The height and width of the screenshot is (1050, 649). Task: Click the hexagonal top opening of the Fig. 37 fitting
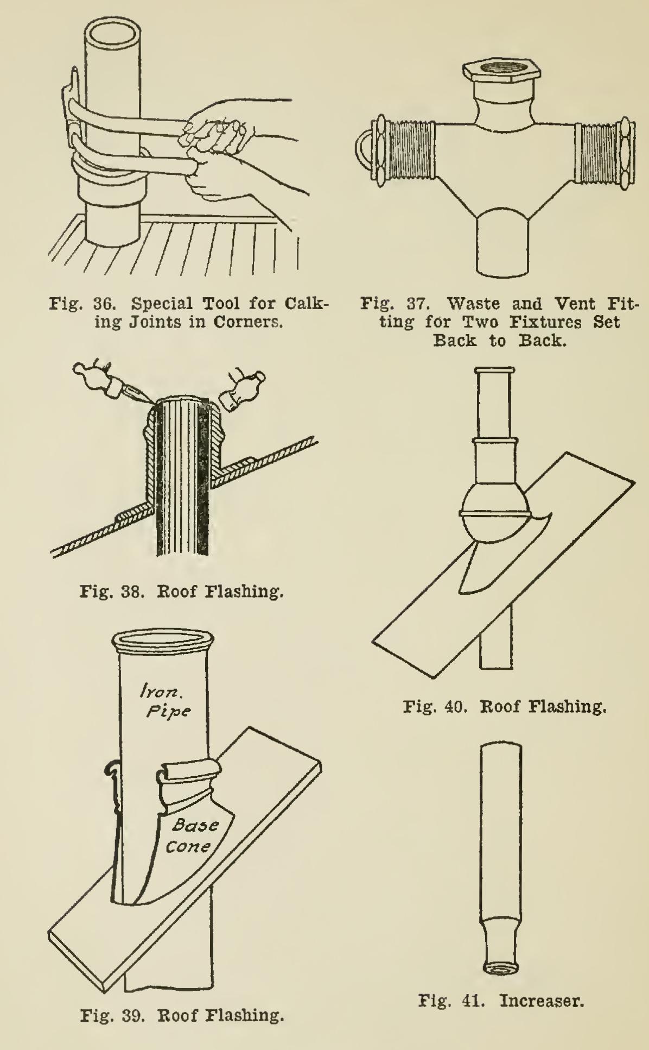coord(502,68)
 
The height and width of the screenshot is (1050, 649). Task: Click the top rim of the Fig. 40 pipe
coord(494,371)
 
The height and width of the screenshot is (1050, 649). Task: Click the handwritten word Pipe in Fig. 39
coord(169,711)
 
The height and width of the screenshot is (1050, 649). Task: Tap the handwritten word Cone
coord(187,846)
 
